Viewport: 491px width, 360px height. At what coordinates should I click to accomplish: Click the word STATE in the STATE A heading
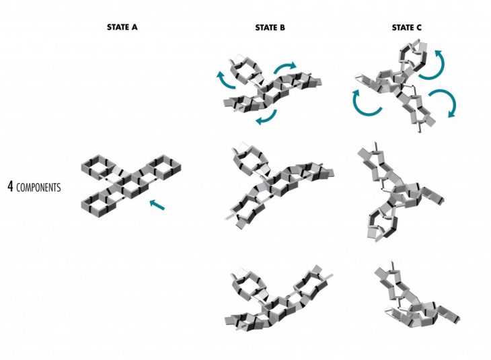[116, 28]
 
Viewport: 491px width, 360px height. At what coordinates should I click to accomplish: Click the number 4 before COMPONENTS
[10, 186]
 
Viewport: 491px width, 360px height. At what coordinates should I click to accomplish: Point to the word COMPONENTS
[39, 187]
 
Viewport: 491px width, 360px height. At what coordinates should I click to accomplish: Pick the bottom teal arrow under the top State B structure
[266, 118]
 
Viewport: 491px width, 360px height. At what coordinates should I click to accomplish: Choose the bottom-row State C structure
[410, 296]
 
